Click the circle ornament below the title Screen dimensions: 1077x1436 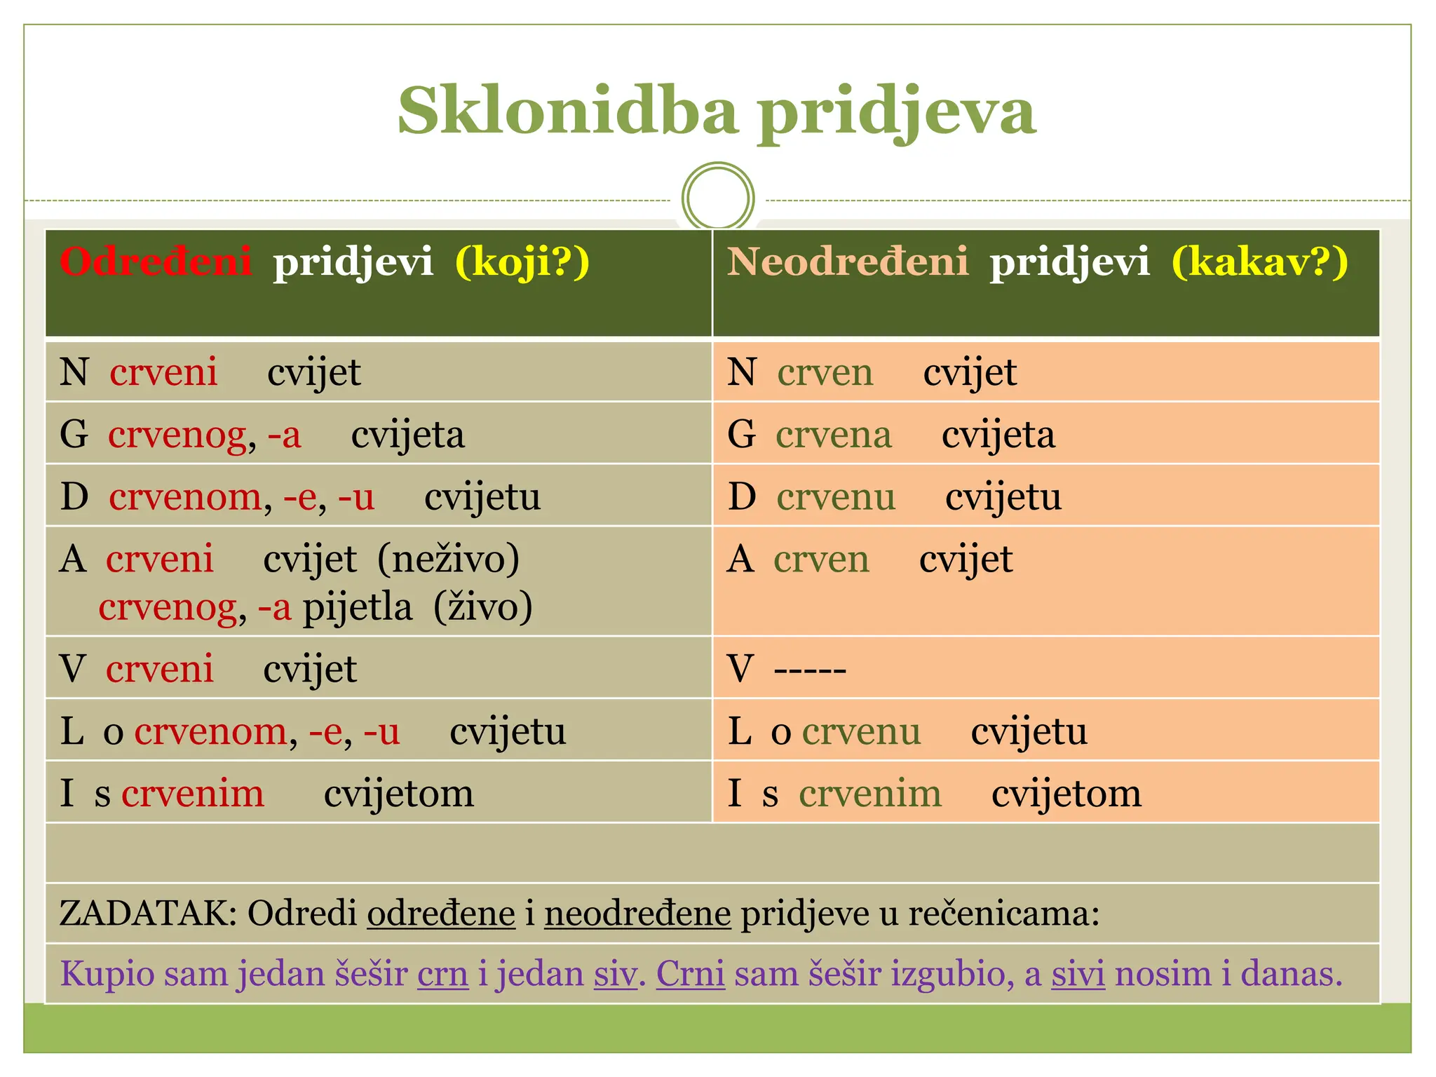pyautogui.click(x=717, y=197)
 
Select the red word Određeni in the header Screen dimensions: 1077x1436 pyautogui.click(x=156, y=262)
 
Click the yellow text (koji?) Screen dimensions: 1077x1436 pyautogui.click(x=522, y=262)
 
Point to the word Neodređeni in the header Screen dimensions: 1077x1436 pyautogui.click(x=847, y=262)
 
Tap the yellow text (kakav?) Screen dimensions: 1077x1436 pyautogui.click(x=1259, y=262)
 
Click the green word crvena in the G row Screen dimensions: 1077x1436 pyautogui.click(x=833, y=435)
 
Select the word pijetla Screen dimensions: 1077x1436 pyautogui.click(x=357, y=607)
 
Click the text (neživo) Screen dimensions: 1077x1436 pyautogui.click(x=449, y=560)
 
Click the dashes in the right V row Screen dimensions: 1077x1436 pyautogui.click(x=810, y=670)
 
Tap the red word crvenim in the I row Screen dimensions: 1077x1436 pyautogui.click(x=193, y=794)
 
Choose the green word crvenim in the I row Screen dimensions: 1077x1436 pyautogui.click(x=869, y=794)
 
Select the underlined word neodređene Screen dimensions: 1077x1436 pyautogui.click(x=637, y=914)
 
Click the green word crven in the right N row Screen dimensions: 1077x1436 pyautogui.click(x=825, y=372)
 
